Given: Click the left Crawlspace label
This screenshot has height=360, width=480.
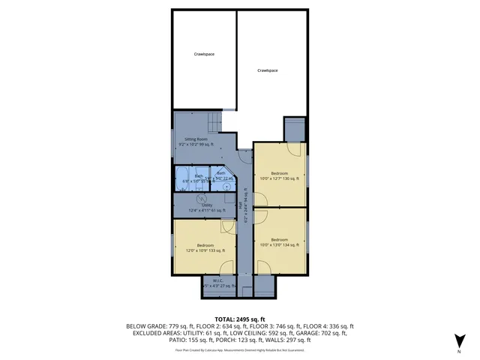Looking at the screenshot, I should pos(204,54).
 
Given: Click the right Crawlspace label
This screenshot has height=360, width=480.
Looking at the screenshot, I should pos(268,70).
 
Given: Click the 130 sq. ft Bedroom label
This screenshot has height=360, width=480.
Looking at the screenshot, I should pos(279,176).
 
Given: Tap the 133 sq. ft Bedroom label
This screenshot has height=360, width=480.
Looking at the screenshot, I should pos(205,247).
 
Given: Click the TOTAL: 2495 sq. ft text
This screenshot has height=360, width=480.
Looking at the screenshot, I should pos(240,319).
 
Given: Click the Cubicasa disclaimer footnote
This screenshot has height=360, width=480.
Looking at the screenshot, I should pos(240,349).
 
